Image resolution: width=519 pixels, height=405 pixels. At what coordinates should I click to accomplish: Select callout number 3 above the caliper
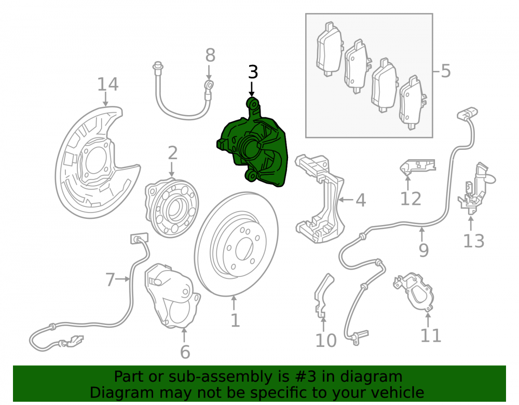pyautogui.click(x=253, y=72)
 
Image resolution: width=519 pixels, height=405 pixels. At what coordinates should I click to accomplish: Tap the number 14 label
pyautogui.click(x=107, y=85)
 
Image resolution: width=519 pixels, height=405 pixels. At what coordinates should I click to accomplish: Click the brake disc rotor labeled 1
pyautogui.click(x=236, y=244)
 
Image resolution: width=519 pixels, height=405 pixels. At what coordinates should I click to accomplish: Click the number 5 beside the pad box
pyautogui.click(x=446, y=71)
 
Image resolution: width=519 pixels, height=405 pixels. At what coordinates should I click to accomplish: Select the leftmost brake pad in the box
pyautogui.click(x=330, y=49)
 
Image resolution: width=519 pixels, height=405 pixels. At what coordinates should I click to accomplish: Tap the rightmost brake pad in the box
pyautogui.click(x=413, y=103)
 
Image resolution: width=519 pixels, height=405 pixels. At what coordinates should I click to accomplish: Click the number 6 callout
pyautogui.click(x=185, y=352)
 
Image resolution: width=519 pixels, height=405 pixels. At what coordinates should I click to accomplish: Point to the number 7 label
pyautogui.click(x=110, y=280)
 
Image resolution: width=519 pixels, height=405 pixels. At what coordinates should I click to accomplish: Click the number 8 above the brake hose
pyautogui.click(x=210, y=55)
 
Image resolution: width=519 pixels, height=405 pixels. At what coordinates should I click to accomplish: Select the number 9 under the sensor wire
pyautogui.click(x=424, y=250)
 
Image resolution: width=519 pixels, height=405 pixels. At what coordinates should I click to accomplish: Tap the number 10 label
pyautogui.click(x=326, y=340)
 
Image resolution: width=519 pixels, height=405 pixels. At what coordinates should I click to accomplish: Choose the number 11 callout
pyautogui.click(x=431, y=336)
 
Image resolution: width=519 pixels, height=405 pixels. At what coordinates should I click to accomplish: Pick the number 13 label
pyautogui.click(x=473, y=241)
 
